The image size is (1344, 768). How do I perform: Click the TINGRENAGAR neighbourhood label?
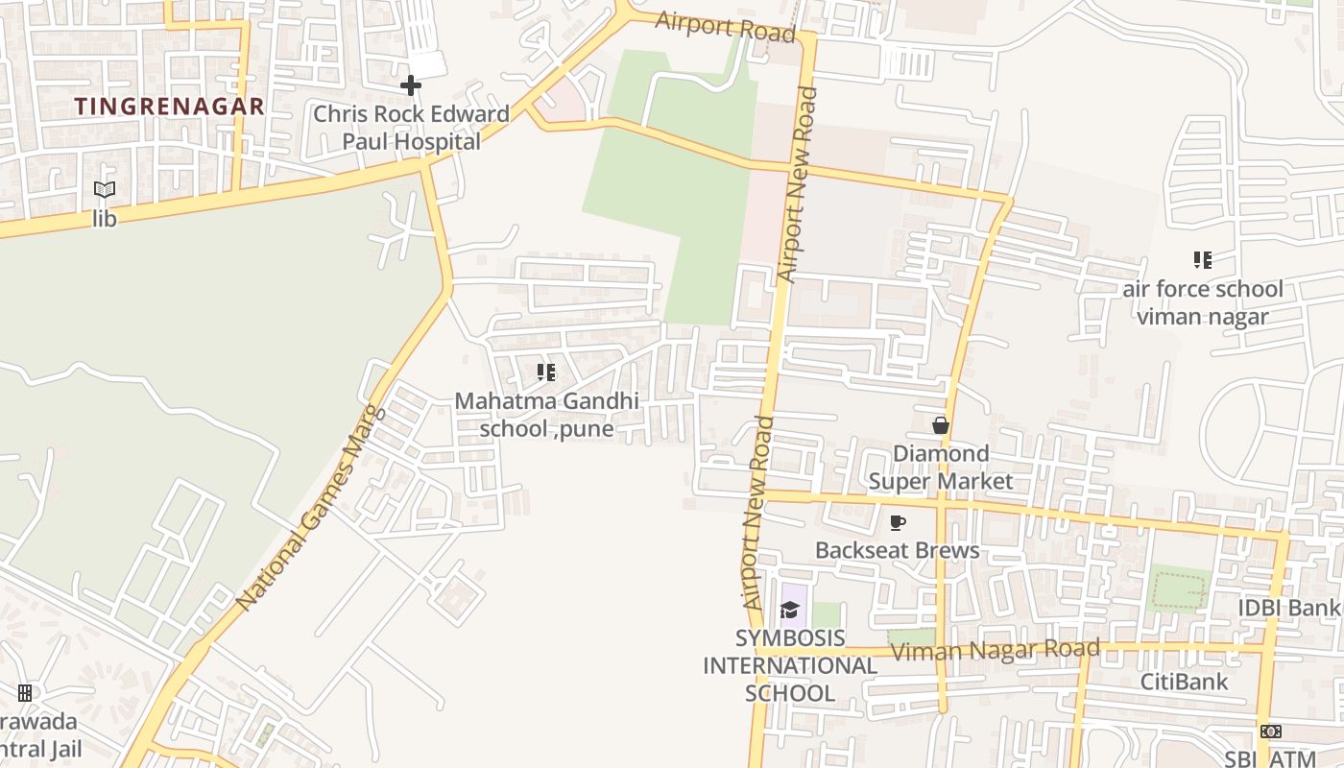169,107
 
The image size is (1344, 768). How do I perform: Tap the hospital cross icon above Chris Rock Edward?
411,85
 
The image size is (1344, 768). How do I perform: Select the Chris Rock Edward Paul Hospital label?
411,128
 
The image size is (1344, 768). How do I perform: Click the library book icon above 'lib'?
105,190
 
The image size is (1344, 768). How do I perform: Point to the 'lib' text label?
105,219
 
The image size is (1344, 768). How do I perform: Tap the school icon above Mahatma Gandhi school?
546,372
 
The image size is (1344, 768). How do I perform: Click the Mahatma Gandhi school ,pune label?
547,415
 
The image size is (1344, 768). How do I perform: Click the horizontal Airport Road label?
725,27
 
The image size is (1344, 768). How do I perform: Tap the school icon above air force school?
1202,260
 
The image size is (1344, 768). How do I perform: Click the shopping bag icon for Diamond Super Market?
941,424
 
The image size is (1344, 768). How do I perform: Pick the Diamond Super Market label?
941,467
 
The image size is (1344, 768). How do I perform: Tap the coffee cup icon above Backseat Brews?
898,522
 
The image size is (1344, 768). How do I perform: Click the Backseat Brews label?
898,550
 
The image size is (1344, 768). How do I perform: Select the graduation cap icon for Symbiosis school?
790,610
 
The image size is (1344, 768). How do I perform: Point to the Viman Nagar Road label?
996,651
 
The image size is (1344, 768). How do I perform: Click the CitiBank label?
1184,682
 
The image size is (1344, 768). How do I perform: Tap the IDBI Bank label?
1288,608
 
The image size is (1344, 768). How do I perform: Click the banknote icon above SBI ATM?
1271,732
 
